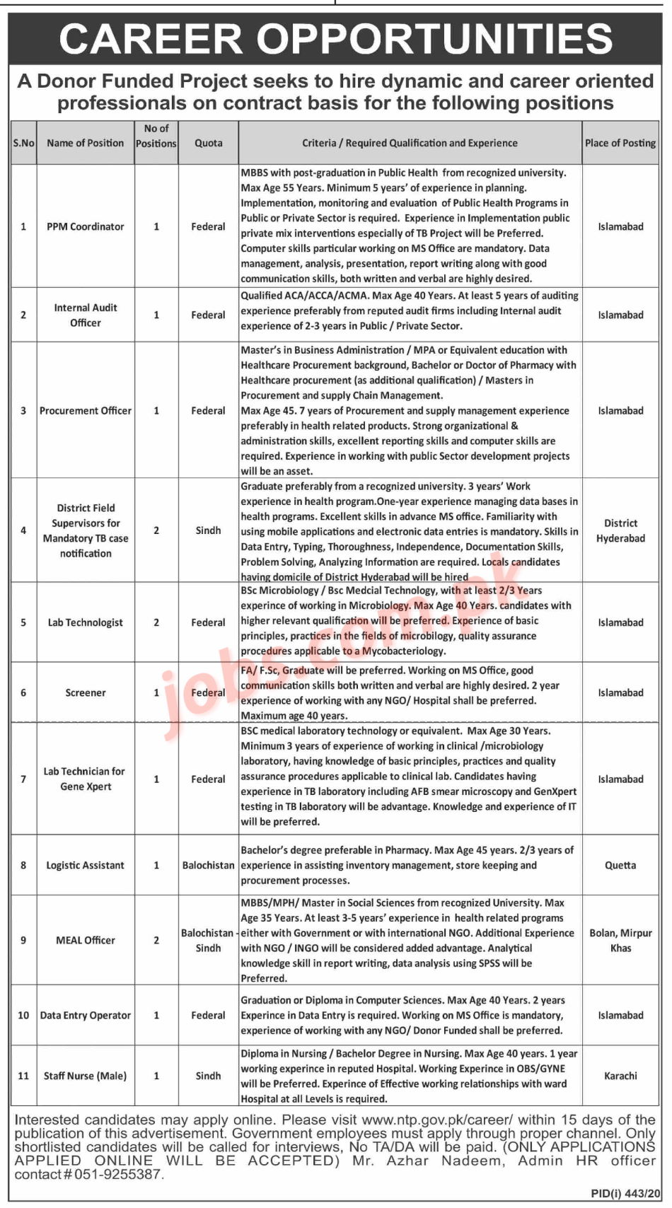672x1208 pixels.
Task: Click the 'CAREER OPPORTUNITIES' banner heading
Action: pos(335,39)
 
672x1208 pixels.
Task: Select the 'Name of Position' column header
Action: pos(85,143)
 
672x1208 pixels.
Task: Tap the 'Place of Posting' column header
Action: pos(620,143)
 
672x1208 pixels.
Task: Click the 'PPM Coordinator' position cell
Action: pos(85,226)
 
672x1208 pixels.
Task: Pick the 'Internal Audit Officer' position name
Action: pos(85,315)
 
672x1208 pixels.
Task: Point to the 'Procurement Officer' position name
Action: pos(85,410)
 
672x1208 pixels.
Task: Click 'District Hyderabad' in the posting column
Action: pos(620,530)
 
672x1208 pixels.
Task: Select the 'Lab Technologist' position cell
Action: pos(85,622)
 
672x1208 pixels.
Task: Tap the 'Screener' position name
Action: pos(85,692)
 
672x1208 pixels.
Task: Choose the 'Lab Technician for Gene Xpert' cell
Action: pos(85,779)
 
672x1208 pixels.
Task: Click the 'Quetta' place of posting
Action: pos(620,865)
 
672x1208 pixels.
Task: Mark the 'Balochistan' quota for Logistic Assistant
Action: pos(208,865)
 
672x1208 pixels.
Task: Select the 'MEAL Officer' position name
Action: pos(85,940)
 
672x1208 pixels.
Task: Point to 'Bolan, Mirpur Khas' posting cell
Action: pos(620,940)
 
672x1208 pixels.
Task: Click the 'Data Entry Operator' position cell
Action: pos(85,1015)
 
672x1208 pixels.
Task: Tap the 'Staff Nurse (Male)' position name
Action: pos(85,1076)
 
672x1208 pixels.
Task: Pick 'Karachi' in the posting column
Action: pos(620,1076)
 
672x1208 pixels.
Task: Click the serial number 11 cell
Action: pos(23,1076)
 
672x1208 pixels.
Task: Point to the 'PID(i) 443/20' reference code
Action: pos(625,1193)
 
